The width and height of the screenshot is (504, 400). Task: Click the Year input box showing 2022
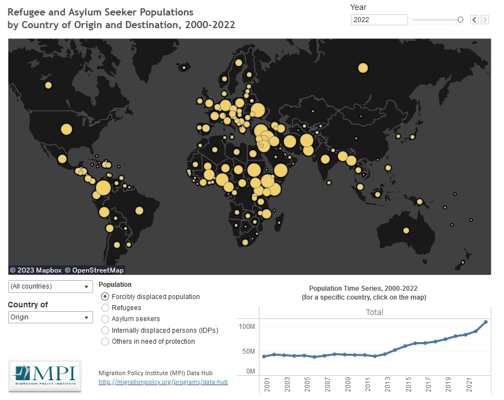[x=379, y=20]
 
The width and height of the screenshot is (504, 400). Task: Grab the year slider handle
[x=460, y=20]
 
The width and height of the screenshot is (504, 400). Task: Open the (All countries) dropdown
[x=50, y=286]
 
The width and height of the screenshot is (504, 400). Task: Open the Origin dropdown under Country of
[x=50, y=317]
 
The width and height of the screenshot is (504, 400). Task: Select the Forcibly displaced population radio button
[x=106, y=297]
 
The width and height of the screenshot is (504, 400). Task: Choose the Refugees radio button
[x=106, y=308]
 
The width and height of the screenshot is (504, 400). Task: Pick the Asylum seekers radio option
[x=106, y=319]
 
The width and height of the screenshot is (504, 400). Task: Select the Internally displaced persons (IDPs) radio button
[x=106, y=330]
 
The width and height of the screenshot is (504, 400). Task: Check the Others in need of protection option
[x=106, y=342]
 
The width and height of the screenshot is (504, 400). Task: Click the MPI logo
[x=45, y=376]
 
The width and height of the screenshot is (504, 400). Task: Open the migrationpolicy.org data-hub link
[x=163, y=382]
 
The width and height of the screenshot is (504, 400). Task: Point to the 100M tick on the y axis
[x=247, y=327]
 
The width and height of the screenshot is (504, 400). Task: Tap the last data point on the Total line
[x=486, y=322]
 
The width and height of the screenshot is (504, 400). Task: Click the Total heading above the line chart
[x=375, y=312]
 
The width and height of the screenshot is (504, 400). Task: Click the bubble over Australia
[x=407, y=231]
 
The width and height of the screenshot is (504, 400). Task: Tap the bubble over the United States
[x=66, y=130]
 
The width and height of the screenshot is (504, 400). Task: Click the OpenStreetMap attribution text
[x=94, y=270]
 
